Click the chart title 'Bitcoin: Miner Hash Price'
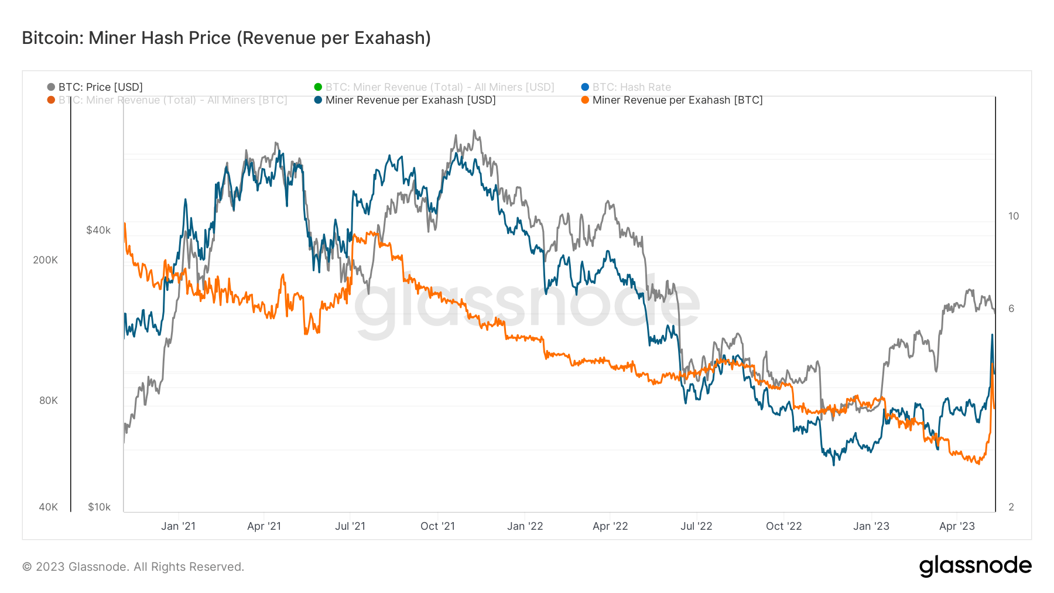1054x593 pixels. pyautogui.click(x=226, y=38)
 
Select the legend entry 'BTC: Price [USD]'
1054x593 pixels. pyautogui.click(x=100, y=87)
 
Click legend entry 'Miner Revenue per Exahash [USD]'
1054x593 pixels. pyautogui.click(x=410, y=100)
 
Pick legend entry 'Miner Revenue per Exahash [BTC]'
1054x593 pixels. pyautogui.click(x=677, y=100)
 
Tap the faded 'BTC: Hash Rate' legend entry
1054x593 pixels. pyautogui.click(x=631, y=87)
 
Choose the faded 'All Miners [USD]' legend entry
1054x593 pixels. pyautogui.click(x=439, y=87)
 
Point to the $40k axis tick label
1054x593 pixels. pyautogui.click(x=98, y=230)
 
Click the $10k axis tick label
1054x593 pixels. pyautogui.click(x=99, y=507)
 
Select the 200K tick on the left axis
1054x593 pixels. pyautogui.click(x=46, y=260)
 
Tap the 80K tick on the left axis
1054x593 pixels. pyautogui.click(x=49, y=400)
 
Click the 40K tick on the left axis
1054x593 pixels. pyautogui.click(x=49, y=507)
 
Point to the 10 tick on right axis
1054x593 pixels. pyautogui.click(x=1013, y=216)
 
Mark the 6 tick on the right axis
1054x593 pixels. pyautogui.click(x=1011, y=309)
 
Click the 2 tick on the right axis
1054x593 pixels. pyautogui.click(x=1011, y=507)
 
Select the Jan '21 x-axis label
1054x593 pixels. pyautogui.click(x=178, y=526)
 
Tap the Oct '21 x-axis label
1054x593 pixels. pyautogui.click(x=437, y=526)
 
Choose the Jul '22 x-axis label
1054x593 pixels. pyautogui.click(x=696, y=526)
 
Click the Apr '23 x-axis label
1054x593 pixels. pyautogui.click(x=957, y=526)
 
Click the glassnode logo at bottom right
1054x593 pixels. pyautogui.click(x=975, y=566)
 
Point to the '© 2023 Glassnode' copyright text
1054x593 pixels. pyautogui.click(x=133, y=567)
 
